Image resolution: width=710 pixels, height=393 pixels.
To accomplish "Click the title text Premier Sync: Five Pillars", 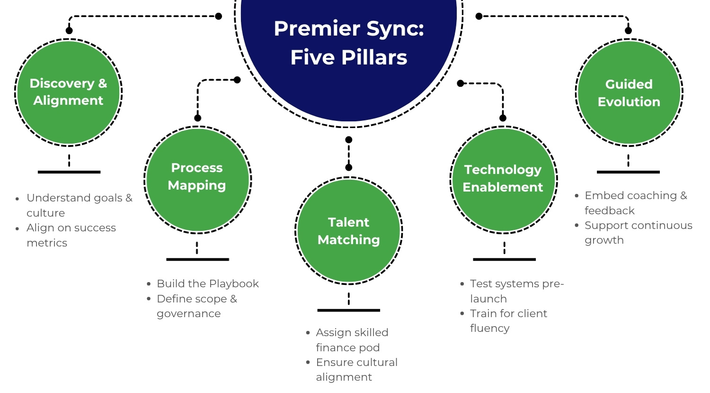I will tap(349, 43).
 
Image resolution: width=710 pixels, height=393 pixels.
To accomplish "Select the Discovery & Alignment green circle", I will tap(69, 92).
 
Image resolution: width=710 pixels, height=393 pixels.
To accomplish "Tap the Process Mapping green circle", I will tap(197, 180).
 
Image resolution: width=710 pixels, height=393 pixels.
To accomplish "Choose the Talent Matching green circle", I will tap(349, 231).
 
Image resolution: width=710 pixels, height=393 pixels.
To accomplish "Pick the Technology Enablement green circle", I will tap(504, 180).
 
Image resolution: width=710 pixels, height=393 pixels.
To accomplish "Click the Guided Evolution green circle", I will tap(629, 92).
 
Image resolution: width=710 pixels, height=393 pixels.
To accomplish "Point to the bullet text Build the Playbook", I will tap(207, 283).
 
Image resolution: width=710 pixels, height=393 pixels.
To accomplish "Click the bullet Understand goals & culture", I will tap(79, 205).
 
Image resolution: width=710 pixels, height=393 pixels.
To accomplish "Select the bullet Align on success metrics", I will tap(71, 235).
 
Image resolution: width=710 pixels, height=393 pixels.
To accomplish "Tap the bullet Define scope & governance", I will tap(196, 306).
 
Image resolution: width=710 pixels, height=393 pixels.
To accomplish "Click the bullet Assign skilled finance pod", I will tap(352, 340).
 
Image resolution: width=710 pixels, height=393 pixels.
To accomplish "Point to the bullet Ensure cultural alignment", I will tap(356, 369).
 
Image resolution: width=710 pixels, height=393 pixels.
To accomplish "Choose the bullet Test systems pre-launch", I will tap(516, 291).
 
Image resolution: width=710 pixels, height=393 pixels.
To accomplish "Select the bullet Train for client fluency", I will tap(508, 320).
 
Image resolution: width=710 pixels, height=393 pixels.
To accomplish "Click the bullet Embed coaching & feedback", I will tap(635, 203).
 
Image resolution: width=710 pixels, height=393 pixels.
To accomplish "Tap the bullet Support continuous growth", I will tap(638, 232).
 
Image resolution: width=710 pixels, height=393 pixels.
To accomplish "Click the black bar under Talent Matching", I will tap(348, 311).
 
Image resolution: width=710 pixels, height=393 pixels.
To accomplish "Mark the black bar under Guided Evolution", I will tap(628, 172).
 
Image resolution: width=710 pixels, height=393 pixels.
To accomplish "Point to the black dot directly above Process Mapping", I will tap(198, 118).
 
